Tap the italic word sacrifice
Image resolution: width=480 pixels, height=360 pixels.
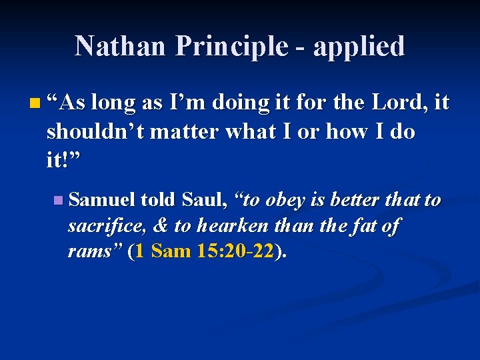coord(107,226)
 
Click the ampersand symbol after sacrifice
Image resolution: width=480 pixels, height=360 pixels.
coord(161,226)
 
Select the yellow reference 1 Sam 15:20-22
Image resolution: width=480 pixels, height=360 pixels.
coord(204,252)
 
